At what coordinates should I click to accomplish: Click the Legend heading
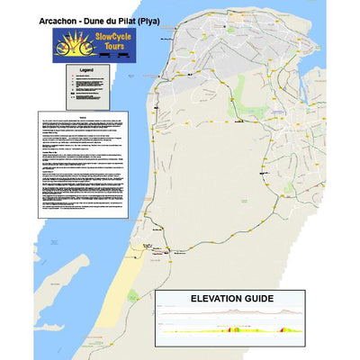coord(86,69)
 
